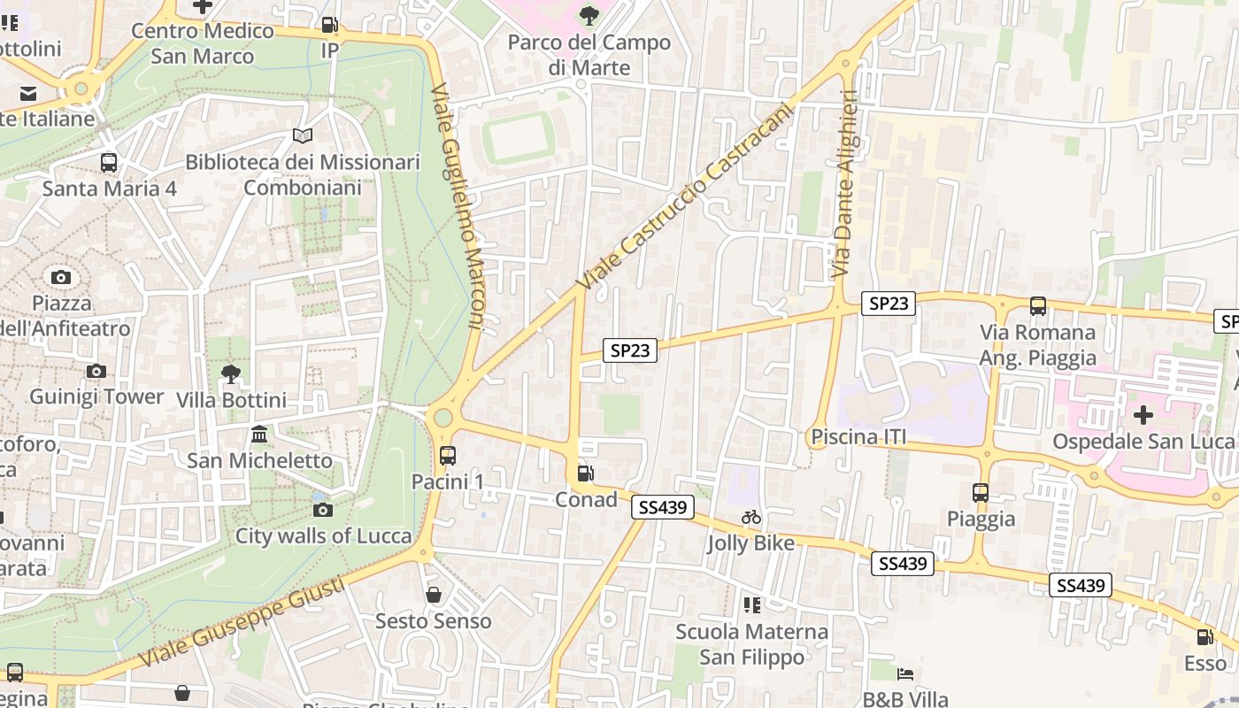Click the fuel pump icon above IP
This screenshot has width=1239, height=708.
[329, 25]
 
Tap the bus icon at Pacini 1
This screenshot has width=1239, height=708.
[448, 456]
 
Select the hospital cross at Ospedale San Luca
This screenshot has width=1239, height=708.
[1143, 414]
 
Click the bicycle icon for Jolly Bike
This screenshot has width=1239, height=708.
[751, 517]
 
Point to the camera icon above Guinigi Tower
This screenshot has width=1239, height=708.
[96, 371]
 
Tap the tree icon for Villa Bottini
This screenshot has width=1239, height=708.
[231, 374]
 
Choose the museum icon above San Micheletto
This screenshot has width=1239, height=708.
[260, 435]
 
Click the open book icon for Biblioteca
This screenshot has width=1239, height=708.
[303, 136]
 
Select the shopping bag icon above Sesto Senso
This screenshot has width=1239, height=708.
[434, 595]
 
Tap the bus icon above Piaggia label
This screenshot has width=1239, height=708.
[981, 493]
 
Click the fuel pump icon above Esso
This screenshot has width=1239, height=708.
[1205, 636]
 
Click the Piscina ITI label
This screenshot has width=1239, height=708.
[859, 437]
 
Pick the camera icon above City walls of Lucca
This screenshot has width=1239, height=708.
[323, 510]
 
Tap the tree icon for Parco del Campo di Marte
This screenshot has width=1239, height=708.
[589, 15]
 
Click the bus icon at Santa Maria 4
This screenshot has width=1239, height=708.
[109, 163]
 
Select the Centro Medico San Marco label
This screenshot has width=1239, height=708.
[203, 43]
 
